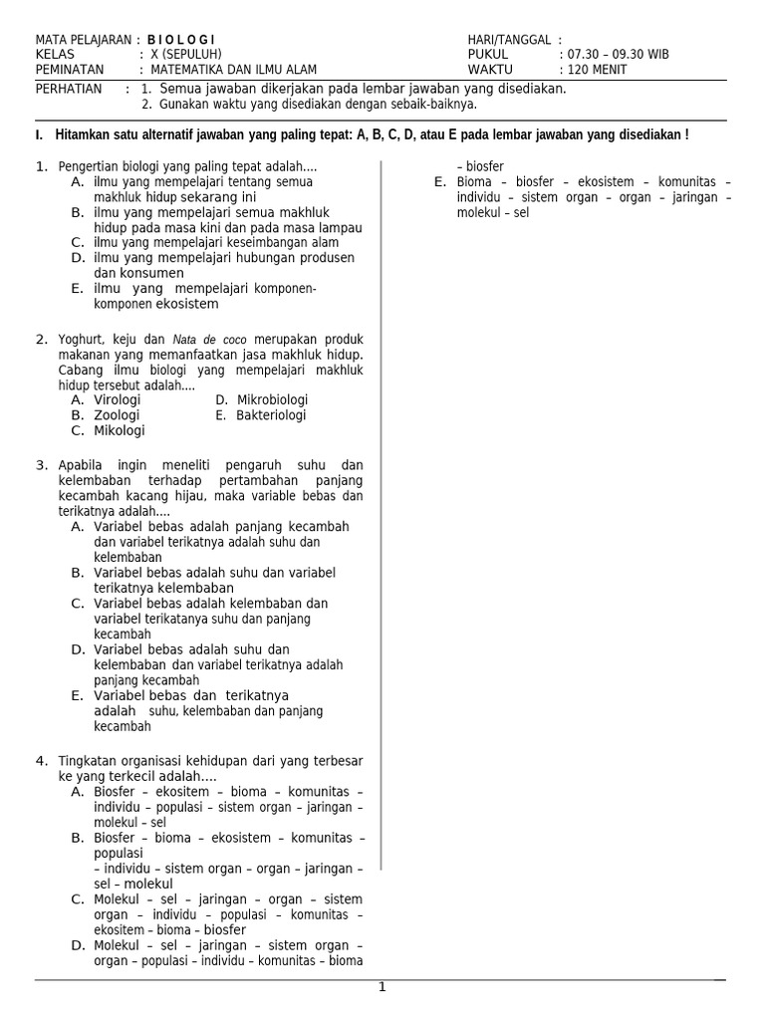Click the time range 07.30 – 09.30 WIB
click(x=618, y=54)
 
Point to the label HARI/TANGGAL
click(x=509, y=39)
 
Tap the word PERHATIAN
click(x=69, y=89)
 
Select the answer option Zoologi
click(x=117, y=415)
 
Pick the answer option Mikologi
click(x=120, y=431)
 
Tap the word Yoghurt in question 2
click(x=84, y=340)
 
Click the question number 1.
click(x=41, y=166)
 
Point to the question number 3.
click(x=41, y=465)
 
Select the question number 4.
click(x=41, y=761)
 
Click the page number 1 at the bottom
click(x=382, y=987)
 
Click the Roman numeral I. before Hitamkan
click(x=39, y=134)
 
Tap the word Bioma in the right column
click(x=474, y=182)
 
